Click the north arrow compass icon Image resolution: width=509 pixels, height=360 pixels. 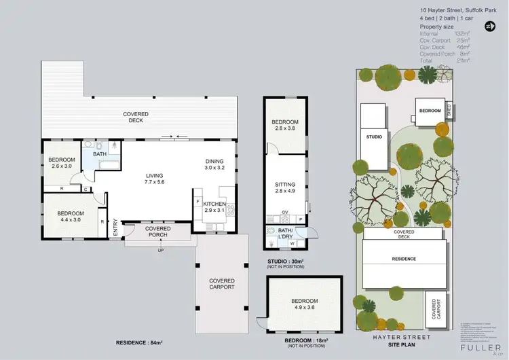(490, 26)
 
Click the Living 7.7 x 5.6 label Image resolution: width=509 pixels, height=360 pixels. (155, 179)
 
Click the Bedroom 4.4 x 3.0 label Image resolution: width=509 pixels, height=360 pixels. (66, 217)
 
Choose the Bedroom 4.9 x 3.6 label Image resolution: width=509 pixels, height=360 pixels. (304, 304)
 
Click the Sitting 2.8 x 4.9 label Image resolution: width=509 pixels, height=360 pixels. (285, 187)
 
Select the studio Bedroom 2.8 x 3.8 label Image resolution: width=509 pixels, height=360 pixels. (285, 125)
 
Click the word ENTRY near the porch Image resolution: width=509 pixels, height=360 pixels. (115, 227)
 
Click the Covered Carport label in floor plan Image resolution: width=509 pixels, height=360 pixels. (222, 284)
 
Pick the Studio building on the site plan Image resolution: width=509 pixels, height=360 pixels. (374, 136)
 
